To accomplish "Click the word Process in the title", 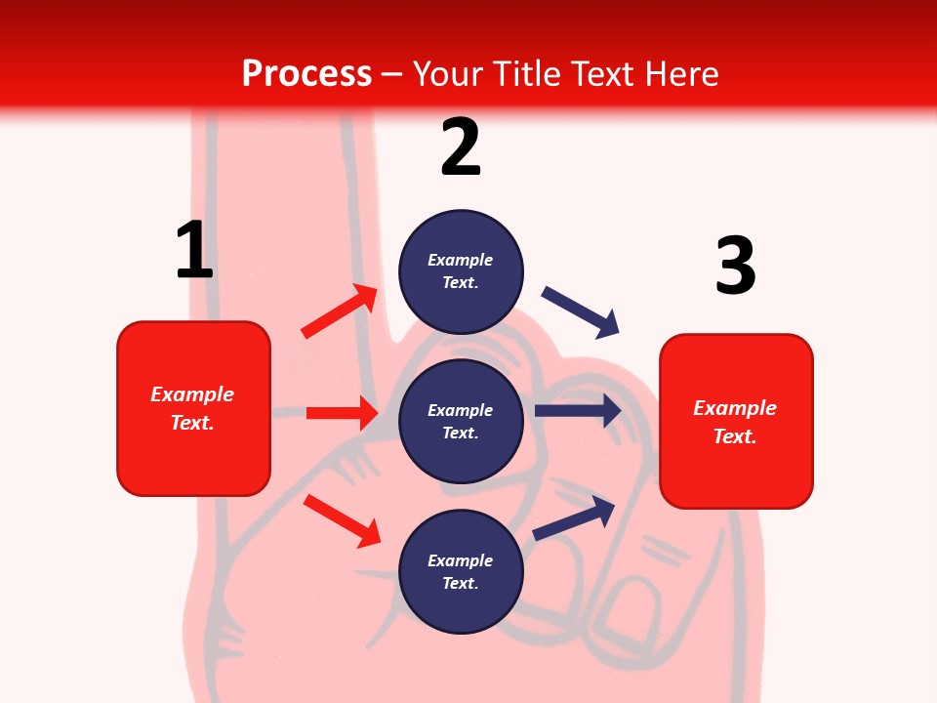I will [x=306, y=74].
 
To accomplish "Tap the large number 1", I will [x=194, y=250].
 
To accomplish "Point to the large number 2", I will [x=461, y=147].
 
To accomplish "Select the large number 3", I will [x=735, y=266].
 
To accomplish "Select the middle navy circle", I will [x=461, y=421].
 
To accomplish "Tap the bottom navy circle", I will [x=461, y=571].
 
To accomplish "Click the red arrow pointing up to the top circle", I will [x=340, y=311].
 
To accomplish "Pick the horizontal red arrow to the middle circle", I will [x=343, y=413].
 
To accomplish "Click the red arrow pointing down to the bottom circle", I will [x=343, y=520].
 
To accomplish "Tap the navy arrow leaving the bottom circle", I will [x=575, y=517].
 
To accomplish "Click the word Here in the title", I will [x=681, y=74].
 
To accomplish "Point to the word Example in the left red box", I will [x=192, y=394].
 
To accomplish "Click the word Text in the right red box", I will [x=733, y=436].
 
